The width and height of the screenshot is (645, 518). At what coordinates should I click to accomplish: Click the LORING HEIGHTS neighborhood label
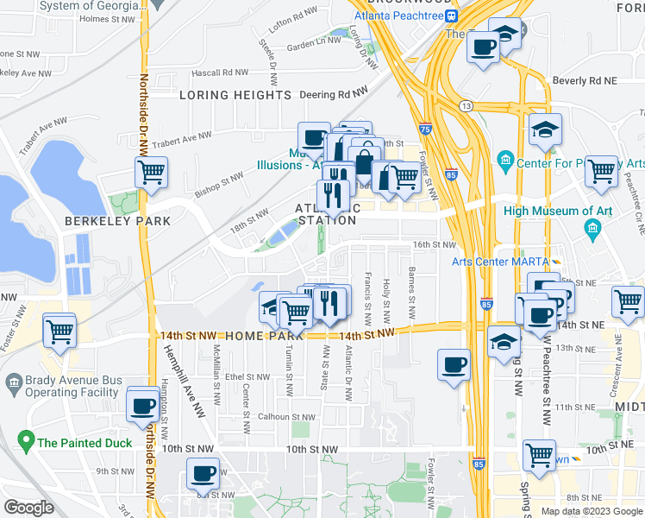coord(235,95)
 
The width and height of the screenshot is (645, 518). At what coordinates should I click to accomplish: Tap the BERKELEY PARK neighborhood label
coord(117,221)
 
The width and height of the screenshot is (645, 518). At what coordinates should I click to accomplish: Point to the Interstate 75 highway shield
coord(425,128)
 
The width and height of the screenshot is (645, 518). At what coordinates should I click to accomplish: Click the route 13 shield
coord(466,105)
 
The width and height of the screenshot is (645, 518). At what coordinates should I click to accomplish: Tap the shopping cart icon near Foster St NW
coord(59,330)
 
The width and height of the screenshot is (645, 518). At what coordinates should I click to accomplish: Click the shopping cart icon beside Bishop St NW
coord(151,172)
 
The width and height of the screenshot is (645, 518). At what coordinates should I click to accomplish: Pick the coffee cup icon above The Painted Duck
coord(143,405)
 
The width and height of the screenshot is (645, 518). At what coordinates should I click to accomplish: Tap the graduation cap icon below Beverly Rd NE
coord(545,130)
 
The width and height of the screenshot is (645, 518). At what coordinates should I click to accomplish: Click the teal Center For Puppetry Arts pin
coord(505,160)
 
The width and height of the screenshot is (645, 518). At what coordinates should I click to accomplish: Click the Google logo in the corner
coord(28,508)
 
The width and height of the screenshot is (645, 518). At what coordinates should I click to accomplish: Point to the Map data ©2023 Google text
coord(591,511)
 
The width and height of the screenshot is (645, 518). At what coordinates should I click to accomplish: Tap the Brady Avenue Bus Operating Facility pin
coord(14,382)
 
